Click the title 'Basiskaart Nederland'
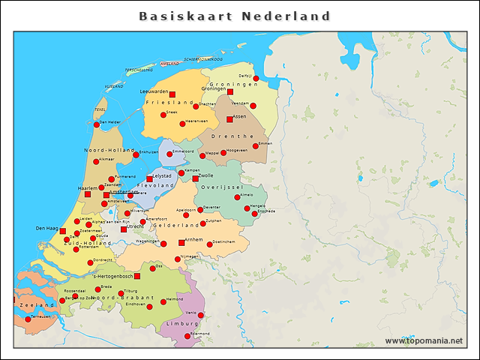point(235,16)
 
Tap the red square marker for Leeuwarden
point(172,94)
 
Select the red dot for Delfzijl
point(256,78)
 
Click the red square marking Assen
point(229,119)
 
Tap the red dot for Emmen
point(256,145)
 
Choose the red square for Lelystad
point(149,179)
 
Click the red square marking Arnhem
point(181,243)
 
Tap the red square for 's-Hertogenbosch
point(136,276)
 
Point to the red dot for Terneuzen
point(28,319)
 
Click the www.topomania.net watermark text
point(424,341)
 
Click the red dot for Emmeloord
point(169,154)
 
